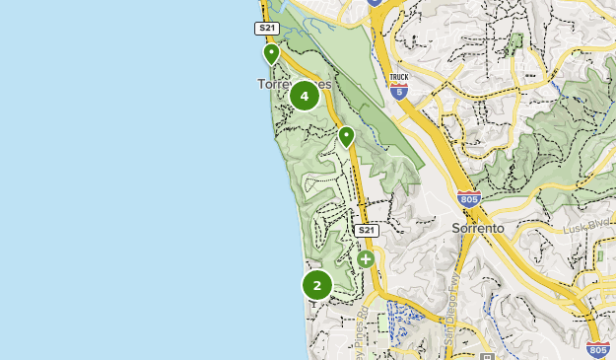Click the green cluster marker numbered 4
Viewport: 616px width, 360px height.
point(305,96)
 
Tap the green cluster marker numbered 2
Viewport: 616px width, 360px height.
point(317,286)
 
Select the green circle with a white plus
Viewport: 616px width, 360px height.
point(366,259)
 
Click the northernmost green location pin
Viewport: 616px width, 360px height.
point(271,53)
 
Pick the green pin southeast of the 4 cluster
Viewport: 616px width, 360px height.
point(346,135)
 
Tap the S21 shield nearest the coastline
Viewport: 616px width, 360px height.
point(267,29)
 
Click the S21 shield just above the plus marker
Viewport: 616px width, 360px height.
point(366,230)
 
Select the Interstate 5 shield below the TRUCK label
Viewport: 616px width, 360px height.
point(398,92)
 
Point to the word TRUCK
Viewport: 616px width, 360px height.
point(398,76)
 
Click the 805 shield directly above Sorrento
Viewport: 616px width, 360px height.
point(469,199)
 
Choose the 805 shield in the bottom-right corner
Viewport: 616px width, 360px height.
point(596,349)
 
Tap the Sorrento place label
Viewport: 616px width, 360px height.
point(478,228)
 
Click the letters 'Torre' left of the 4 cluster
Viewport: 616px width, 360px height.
point(273,85)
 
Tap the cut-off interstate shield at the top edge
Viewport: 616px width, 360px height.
point(375,3)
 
